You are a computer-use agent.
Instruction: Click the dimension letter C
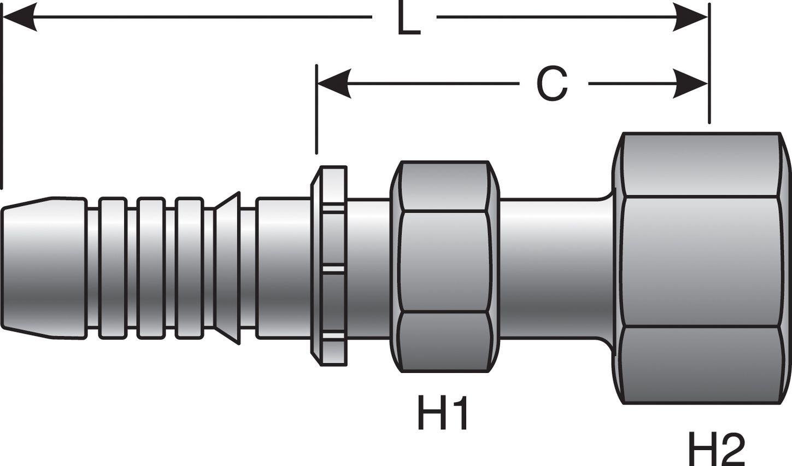pyautogui.click(x=552, y=85)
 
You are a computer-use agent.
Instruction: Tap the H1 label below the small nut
pyautogui.click(x=443, y=413)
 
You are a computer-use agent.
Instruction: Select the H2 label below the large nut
pyautogui.click(x=715, y=448)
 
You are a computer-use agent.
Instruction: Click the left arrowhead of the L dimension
pyautogui.click(x=20, y=18)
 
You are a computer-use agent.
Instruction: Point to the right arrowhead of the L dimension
pyautogui.click(x=691, y=18)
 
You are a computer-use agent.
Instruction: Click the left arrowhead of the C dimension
pyautogui.click(x=334, y=84)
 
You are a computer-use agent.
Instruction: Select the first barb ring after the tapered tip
pyautogui.click(x=113, y=268)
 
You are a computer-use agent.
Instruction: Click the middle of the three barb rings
pyautogui.click(x=151, y=268)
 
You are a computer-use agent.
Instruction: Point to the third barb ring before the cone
pyautogui.click(x=189, y=268)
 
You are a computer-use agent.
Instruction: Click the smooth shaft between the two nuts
pyautogui.click(x=552, y=268)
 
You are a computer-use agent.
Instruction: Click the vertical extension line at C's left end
pyautogui.click(x=316, y=109)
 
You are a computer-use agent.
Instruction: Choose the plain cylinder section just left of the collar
pyautogui.click(x=283, y=268)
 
